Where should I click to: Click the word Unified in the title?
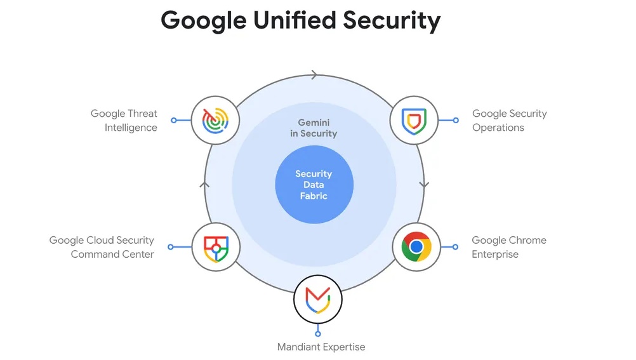click(294, 20)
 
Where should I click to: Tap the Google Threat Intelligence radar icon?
click(216, 120)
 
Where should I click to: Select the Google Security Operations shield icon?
click(414, 120)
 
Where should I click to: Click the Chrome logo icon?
click(416, 246)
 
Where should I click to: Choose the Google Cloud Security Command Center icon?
click(216, 246)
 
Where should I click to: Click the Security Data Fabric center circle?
click(314, 185)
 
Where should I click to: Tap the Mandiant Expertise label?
click(321, 347)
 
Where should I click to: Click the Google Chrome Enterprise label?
click(508, 247)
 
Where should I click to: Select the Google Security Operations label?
click(509, 120)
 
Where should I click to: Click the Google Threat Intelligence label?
click(124, 120)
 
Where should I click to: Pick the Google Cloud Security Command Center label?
click(102, 247)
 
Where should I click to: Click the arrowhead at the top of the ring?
click(314, 75)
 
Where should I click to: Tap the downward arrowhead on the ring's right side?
click(424, 184)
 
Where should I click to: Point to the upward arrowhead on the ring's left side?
click(204, 184)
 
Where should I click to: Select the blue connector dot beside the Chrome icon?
click(455, 246)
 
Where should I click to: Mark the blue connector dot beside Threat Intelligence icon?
click(173, 120)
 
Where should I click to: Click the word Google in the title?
click(202, 20)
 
